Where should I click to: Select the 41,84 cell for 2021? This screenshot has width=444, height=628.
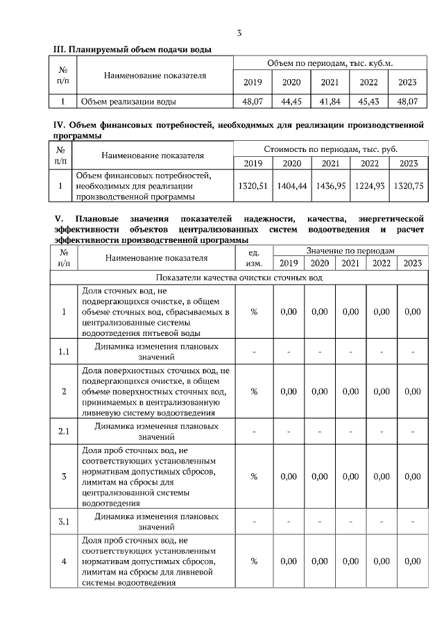pyautogui.click(x=330, y=101)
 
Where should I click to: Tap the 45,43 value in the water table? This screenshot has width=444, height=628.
pyautogui.click(x=368, y=101)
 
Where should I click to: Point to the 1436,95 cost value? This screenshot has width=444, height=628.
pyautogui.click(x=330, y=186)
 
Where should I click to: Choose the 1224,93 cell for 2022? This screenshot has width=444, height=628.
pyautogui.click(x=369, y=186)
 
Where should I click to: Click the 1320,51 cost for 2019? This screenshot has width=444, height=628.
pyautogui.click(x=253, y=186)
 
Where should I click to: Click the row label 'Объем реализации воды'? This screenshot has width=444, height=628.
pyautogui.click(x=128, y=101)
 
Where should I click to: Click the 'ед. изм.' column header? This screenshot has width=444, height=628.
pyautogui.click(x=254, y=257)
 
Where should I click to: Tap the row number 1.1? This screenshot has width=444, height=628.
pyautogui.click(x=64, y=351)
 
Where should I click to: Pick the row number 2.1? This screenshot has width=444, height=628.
pyautogui.click(x=64, y=432)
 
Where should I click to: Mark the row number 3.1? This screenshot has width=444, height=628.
pyautogui.click(x=64, y=522)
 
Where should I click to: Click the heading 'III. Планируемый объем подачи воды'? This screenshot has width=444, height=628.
pyautogui.click(x=133, y=49)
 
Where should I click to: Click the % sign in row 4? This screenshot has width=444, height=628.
pyautogui.click(x=254, y=561)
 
